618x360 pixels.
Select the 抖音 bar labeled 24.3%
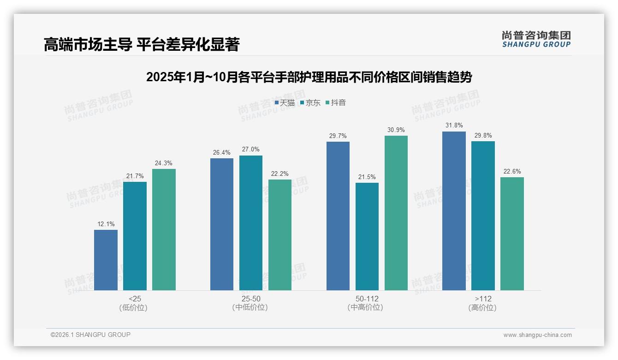pyautogui.click(x=164, y=229)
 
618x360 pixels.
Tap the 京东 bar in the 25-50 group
pyautogui.click(x=251, y=223)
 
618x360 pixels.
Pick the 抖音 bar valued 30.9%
pyautogui.click(x=396, y=213)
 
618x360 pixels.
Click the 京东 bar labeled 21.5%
pyautogui.click(x=367, y=236)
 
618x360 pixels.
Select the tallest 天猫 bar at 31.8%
pyautogui.click(x=454, y=211)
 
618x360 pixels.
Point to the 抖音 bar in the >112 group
pyautogui.click(x=512, y=234)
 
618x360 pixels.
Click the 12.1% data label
pyautogui.click(x=105, y=224)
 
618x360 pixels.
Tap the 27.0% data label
pyautogui.click(x=251, y=150)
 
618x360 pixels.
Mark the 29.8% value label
pyautogui.click(x=483, y=136)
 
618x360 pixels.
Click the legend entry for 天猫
pyautogui.click(x=285, y=102)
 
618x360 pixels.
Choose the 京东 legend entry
pyautogui.click(x=310, y=102)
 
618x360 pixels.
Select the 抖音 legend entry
pyautogui.click(x=336, y=102)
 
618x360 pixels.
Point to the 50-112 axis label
pyautogui.click(x=367, y=299)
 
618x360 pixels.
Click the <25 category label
pyautogui.click(x=135, y=299)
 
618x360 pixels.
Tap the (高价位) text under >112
pyautogui.click(x=483, y=307)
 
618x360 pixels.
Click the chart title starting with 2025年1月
pyautogui.click(x=309, y=77)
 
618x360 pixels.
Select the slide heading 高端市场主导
pyautogui.click(x=141, y=44)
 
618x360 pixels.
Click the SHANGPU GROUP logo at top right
pyautogui.click(x=536, y=39)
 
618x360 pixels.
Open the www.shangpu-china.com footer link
pyautogui.click(x=537, y=335)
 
